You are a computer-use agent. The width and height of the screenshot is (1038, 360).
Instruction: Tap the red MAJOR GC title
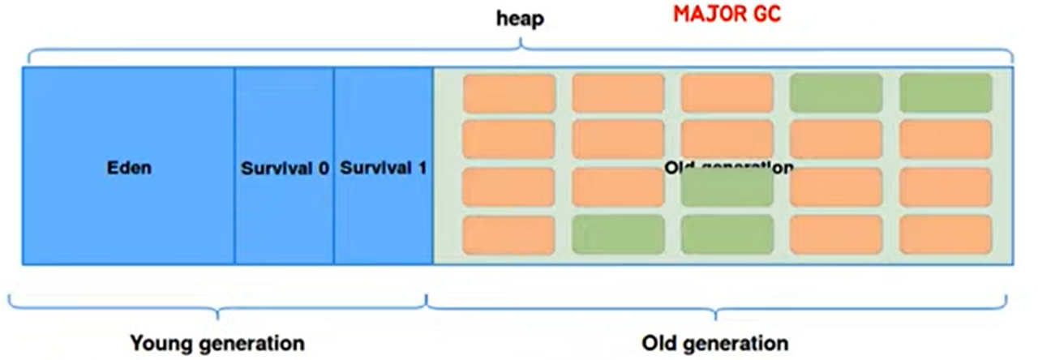pyautogui.click(x=727, y=15)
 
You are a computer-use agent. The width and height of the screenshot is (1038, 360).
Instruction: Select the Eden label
pyautogui.click(x=129, y=169)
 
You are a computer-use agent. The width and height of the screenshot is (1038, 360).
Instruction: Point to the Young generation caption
pyautogui.click(x=217, y=343)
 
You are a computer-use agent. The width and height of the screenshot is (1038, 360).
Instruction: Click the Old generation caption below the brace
pyautogui.click(x=714, y=343)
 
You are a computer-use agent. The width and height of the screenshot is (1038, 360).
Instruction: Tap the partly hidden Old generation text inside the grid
pyautogui.click(x=727, y=167)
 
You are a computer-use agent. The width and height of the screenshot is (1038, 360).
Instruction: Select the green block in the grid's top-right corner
pyautogui.click(x=946, y=92)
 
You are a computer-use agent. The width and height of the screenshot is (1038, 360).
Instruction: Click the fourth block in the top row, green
pyautogui.click(x=836, y=92)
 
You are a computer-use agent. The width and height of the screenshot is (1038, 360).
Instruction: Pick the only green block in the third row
pyautogui.click(x=727, y=188)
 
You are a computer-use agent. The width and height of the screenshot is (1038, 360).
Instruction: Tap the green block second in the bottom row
pyautogui.click(x=618, y=234)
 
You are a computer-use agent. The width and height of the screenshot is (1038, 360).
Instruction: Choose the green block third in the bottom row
pyautogui.click(x=727, y=234)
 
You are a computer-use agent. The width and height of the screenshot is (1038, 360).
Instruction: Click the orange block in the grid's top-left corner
pyautogui.click(x=508, y=92)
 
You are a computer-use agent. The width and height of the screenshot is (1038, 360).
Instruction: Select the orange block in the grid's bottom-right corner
pyautogui.click(x=946, y=234)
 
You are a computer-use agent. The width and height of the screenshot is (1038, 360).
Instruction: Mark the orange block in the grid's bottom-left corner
pyautogui.click(x=508, y=234)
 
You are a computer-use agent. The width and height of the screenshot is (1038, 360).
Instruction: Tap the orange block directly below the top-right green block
pyautogui.click(x=946, y=139)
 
